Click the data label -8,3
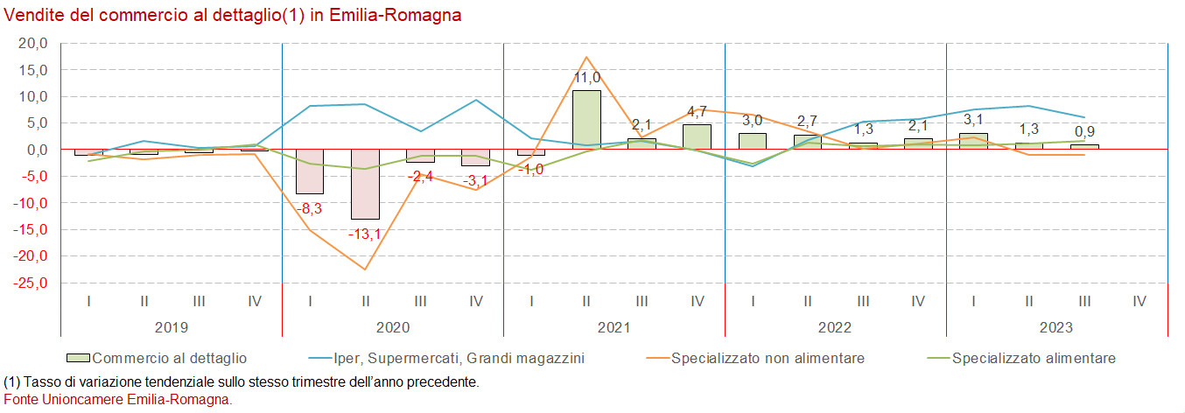tap(309, 209)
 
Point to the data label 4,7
tap(698, 112)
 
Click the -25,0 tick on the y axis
tap(31, 283)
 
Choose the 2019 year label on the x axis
tap(172, 327)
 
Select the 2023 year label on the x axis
tap(1056, 327)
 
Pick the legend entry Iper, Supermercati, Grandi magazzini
tap(459, 358)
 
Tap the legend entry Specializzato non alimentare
tap(768, 358)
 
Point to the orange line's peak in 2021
tap(586, 57)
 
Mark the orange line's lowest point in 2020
tap(365, 269)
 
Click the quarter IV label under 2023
tap(1139, 301)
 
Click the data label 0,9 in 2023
tap(1084, 132)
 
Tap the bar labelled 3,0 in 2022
tap(753, 141)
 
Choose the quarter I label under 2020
tap(310, 301)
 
